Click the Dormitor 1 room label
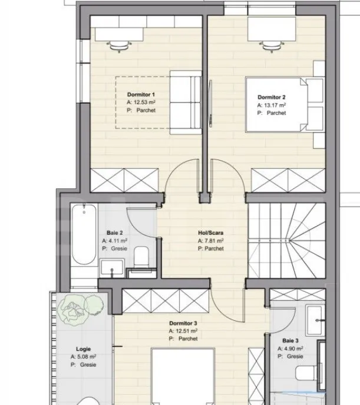141,95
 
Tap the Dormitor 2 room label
272,97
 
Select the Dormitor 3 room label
183,324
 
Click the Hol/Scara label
210,233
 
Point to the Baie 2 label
115,233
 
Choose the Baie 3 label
290,341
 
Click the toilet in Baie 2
141,258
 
